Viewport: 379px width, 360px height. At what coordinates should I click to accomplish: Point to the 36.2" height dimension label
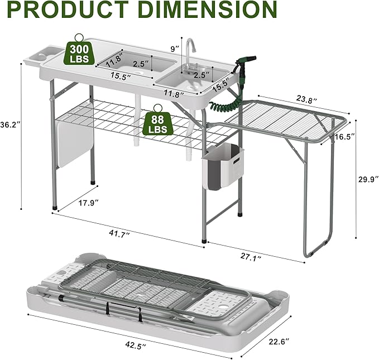click(10, 124)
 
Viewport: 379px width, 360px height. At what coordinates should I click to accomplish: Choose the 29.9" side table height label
click(368, 179)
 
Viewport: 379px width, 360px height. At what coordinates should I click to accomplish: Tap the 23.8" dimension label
click(306, 100)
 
